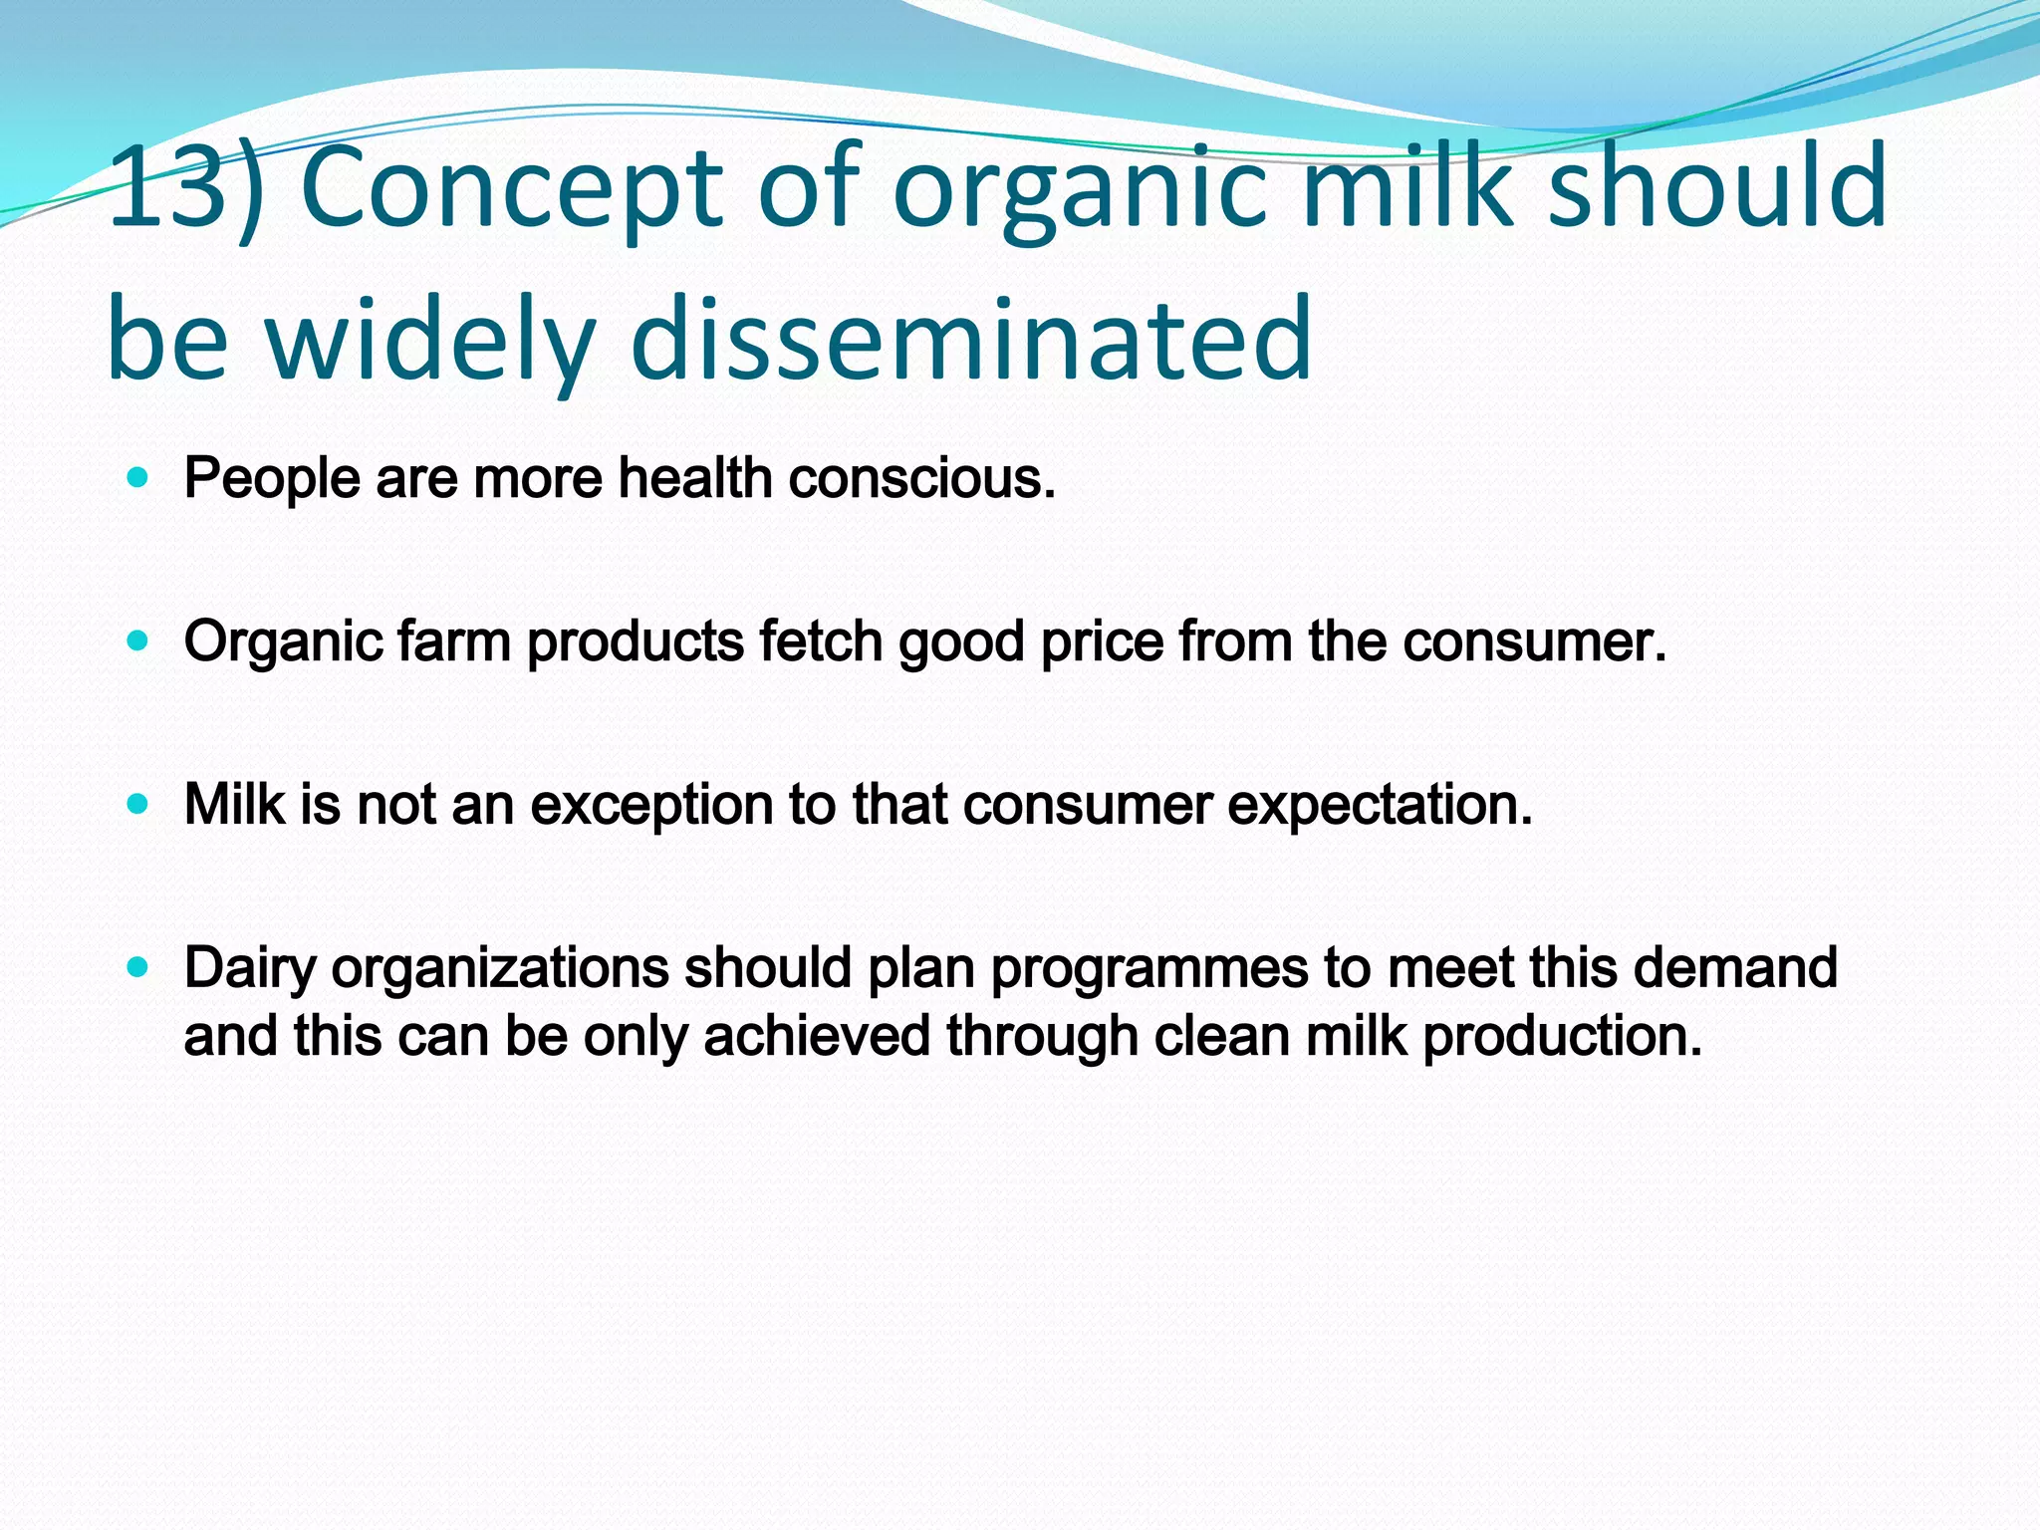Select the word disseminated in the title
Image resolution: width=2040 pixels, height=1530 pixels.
971,339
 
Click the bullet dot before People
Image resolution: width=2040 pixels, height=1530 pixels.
138,478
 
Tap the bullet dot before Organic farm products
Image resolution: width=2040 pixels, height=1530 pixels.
138,641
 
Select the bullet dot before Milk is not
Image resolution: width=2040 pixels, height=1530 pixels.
138,804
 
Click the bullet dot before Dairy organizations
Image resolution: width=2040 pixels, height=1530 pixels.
138,967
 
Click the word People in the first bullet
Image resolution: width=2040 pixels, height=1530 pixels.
271,478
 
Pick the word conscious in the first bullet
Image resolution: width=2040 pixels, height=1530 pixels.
920,478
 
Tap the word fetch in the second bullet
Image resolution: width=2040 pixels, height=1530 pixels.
820,640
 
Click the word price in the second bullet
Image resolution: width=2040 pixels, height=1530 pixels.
1102,642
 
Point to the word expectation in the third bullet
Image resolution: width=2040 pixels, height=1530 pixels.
1379,805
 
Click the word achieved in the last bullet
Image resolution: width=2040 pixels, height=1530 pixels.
817,1036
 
